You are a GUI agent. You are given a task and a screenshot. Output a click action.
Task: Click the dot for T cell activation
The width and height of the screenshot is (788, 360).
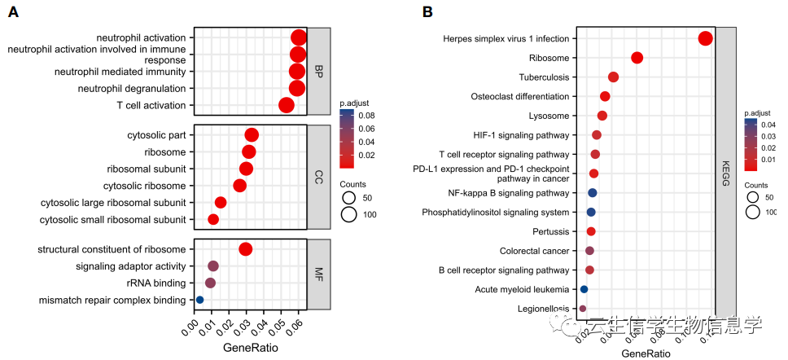click(x=287, y=105)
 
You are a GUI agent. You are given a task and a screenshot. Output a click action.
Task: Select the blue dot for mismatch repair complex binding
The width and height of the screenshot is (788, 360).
click(x=199, y=301)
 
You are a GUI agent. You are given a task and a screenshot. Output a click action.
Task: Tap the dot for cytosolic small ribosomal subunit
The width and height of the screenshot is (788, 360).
click(x=213, y=219)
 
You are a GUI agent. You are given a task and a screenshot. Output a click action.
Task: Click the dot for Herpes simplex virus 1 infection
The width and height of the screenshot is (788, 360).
click(x=706, y=38)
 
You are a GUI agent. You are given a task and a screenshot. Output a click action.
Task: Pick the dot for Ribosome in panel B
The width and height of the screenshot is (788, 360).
click(x=637, y=58)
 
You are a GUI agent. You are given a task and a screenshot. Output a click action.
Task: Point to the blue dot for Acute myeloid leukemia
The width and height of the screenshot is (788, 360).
click(x=584, y=289)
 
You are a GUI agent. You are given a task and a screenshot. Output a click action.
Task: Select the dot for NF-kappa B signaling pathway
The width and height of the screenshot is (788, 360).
click(x=593, y=193)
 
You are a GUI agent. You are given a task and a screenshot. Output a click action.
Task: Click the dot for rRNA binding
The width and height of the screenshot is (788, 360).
click(x=210, y=283)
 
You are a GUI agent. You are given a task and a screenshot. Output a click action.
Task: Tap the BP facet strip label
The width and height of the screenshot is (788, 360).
click(x=318, y=72)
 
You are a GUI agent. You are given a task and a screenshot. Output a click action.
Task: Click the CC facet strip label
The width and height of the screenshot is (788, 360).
click(x=318, y=177)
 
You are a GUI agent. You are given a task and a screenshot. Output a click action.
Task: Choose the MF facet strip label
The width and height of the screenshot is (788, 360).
click(x=318, y=274)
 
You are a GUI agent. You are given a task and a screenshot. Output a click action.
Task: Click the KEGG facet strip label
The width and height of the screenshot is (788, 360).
click(x=725, y=173)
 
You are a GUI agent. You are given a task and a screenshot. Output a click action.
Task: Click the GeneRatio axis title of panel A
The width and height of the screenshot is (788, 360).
click(x=250, y=348)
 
